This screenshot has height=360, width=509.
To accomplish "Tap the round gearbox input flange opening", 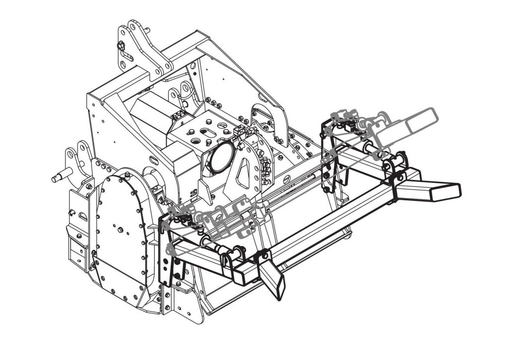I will coord(219,157).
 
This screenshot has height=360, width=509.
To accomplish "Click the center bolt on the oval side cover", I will coord(120,230).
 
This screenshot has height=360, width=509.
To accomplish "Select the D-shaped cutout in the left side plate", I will coord(83,216).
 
